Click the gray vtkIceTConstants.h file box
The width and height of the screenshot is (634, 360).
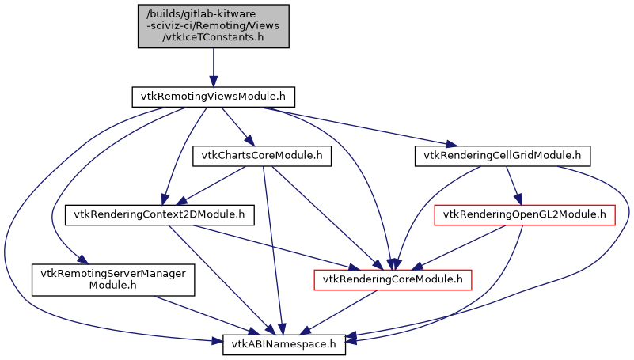pos(212,25)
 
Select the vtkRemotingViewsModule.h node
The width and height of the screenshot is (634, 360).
pos(212,97)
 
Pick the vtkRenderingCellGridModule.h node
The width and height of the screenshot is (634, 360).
pos(502,156)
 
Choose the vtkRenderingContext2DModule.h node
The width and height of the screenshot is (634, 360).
pos(158,214)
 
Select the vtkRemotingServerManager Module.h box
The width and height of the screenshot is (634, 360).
pos(108,279)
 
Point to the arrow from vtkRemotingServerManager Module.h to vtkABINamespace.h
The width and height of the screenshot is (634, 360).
pos(198,313)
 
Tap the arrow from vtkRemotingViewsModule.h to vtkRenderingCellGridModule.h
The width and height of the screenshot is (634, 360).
pos(364,127)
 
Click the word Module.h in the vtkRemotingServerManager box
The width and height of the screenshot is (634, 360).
pos(108,286)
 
